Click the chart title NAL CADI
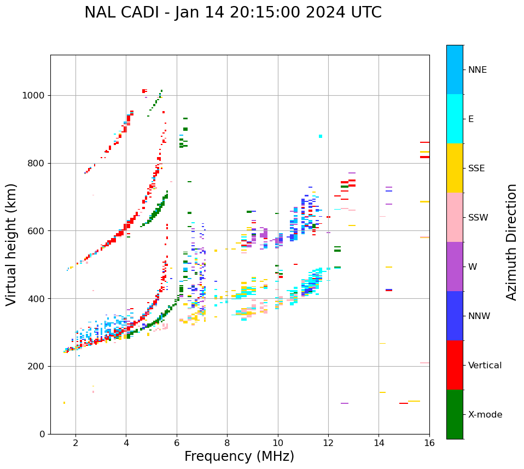click(x=233, y=13)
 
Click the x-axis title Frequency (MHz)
click(x=239, y=456)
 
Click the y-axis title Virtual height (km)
click(x=11, y=245)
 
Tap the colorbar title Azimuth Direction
click(x=511, y=242)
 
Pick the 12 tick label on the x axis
click(x=328, y=443)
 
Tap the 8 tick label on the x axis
click(x=227, y=443)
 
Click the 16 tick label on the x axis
click(x=429, y=443)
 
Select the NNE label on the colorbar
click(x=477, y=70)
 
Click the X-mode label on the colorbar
click(x=485, y=415)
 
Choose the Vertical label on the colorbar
click(x=485, y=366)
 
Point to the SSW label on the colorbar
click(x=478, y=218)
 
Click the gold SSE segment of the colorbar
click(x=455, y=168)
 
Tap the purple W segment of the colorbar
click(x=455, y=267)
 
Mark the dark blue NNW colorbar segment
click(x=455, y=316)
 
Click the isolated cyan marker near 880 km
click(x=321, y=136)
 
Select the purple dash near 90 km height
click(x=345, y=403)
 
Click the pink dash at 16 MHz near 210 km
click(x=424, y=363)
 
